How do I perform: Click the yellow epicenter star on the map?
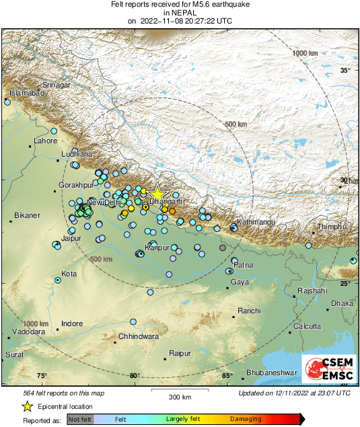pos(157,193)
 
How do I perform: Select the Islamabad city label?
pos(26,93)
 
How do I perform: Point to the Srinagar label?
pos(57,85)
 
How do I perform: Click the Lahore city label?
pos(46,141)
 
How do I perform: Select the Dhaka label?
pos(342,303)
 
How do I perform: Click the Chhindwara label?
pos(138,336)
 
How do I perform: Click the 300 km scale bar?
pos(180,390)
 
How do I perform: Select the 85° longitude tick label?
pos(227,376)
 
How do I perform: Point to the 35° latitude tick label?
pos(345,71)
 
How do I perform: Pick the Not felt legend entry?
pos(80,419)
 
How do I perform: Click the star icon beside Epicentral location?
pos(28,406)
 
